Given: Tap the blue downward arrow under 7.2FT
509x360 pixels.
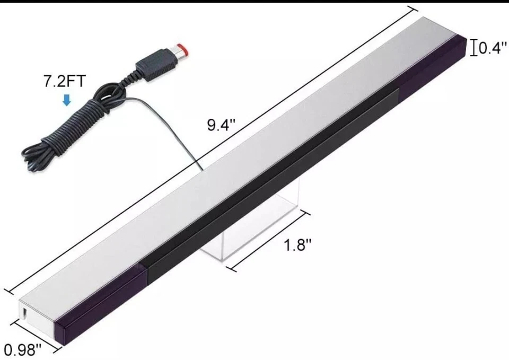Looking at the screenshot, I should tap(66, 99).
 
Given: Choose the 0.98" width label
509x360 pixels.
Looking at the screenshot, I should tap(23, 349).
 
